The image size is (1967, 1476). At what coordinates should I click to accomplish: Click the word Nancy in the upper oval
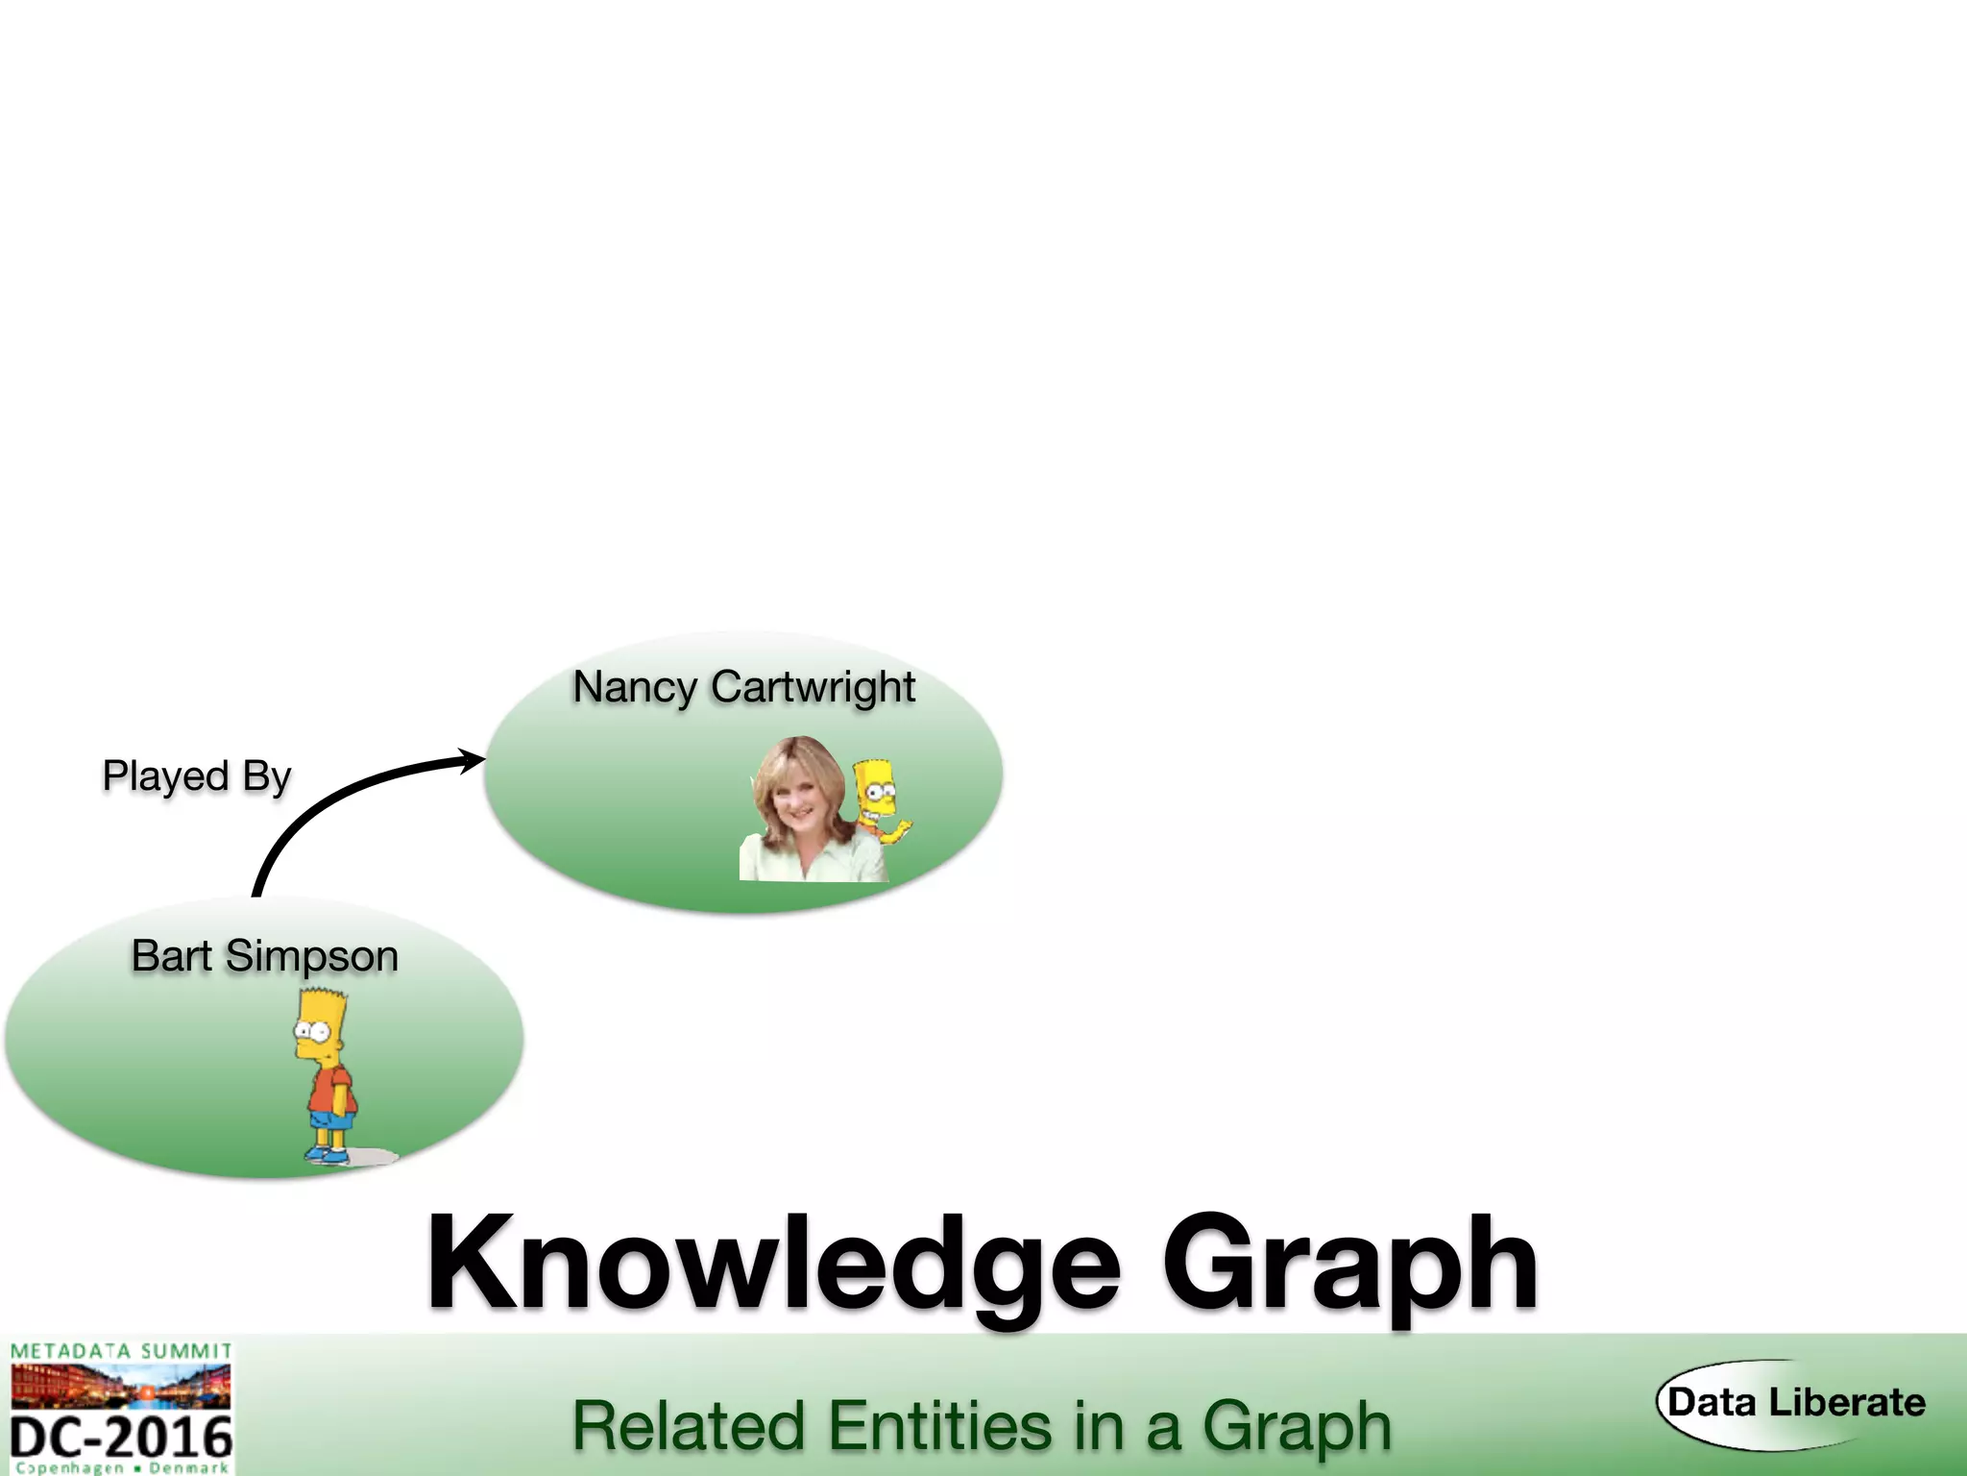pyautogui.click(x=634, y=688)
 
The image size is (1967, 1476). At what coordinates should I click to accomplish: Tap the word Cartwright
pyautogui.click(x=813, y=688)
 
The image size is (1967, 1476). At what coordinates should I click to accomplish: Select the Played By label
pyautogui.click(x=196, y=776)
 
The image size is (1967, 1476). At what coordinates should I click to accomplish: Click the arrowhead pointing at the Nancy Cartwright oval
pyautogui.click(x=472, y=761)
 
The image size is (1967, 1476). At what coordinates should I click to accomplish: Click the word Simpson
pyautogui.click(x=311, y=957)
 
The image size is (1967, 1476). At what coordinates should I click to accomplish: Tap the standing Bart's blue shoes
pyautogui.click(x=327, y=1154)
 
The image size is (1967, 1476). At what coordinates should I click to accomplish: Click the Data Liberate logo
pyautogui.click(x=1795, y=1403)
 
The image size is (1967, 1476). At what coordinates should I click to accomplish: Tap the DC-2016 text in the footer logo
pyautogui.click(x=121, y=1438)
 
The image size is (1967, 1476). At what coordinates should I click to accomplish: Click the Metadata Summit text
pyautogui.click(x=121, y=1351)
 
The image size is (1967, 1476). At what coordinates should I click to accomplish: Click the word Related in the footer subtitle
pyautogui.click(x=688, y=1426)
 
